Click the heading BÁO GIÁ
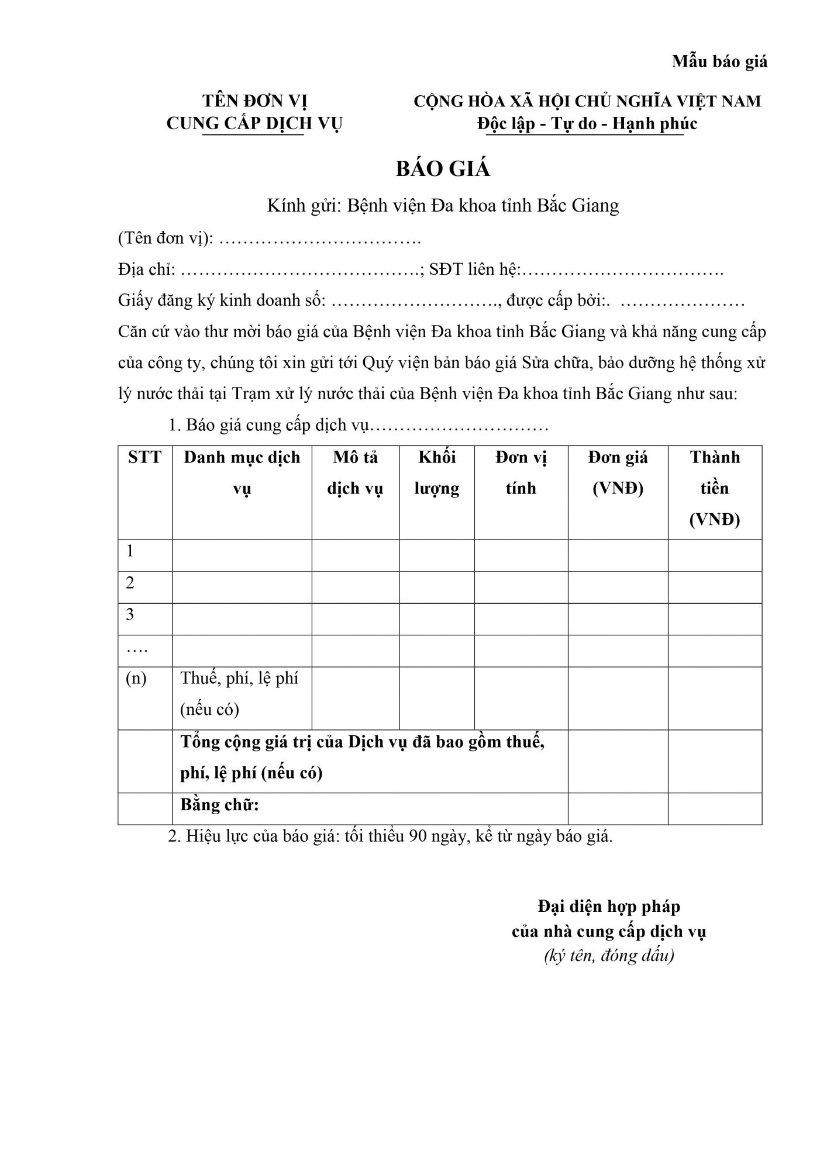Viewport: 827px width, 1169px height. click(x=443, y=169)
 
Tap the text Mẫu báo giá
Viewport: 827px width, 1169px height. click(x=719, y=61)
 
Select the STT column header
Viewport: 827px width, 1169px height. click(x=144, y=457)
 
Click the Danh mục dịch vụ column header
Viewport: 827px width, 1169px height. click(x=242, y=472)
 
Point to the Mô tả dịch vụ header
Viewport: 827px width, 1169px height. click(x=355, y=472)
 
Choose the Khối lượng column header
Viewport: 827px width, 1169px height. click(x=436, y=472)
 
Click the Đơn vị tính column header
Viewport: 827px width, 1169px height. click(x=521, y=472)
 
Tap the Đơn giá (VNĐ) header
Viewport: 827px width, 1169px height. click(x=618, y=472)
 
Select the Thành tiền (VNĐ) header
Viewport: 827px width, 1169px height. click(x=715, y=488)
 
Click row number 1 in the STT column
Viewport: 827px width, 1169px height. click(x=130, y=551)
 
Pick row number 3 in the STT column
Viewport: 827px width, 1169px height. click(x=130, y=614)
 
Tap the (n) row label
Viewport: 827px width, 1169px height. click(x=136, y=678)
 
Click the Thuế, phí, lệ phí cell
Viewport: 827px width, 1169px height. click(x=239, y=693)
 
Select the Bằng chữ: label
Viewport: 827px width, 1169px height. click(x=219, y=805)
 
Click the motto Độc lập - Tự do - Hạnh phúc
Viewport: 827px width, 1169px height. click(x=587, y=124)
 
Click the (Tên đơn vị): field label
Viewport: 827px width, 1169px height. click(x=166, y=238)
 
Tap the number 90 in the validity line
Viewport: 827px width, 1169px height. click(x=418, y=836)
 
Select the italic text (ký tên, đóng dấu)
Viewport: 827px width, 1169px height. click(x=609, y=956)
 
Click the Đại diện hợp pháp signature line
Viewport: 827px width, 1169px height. click(x=609, y=907)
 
